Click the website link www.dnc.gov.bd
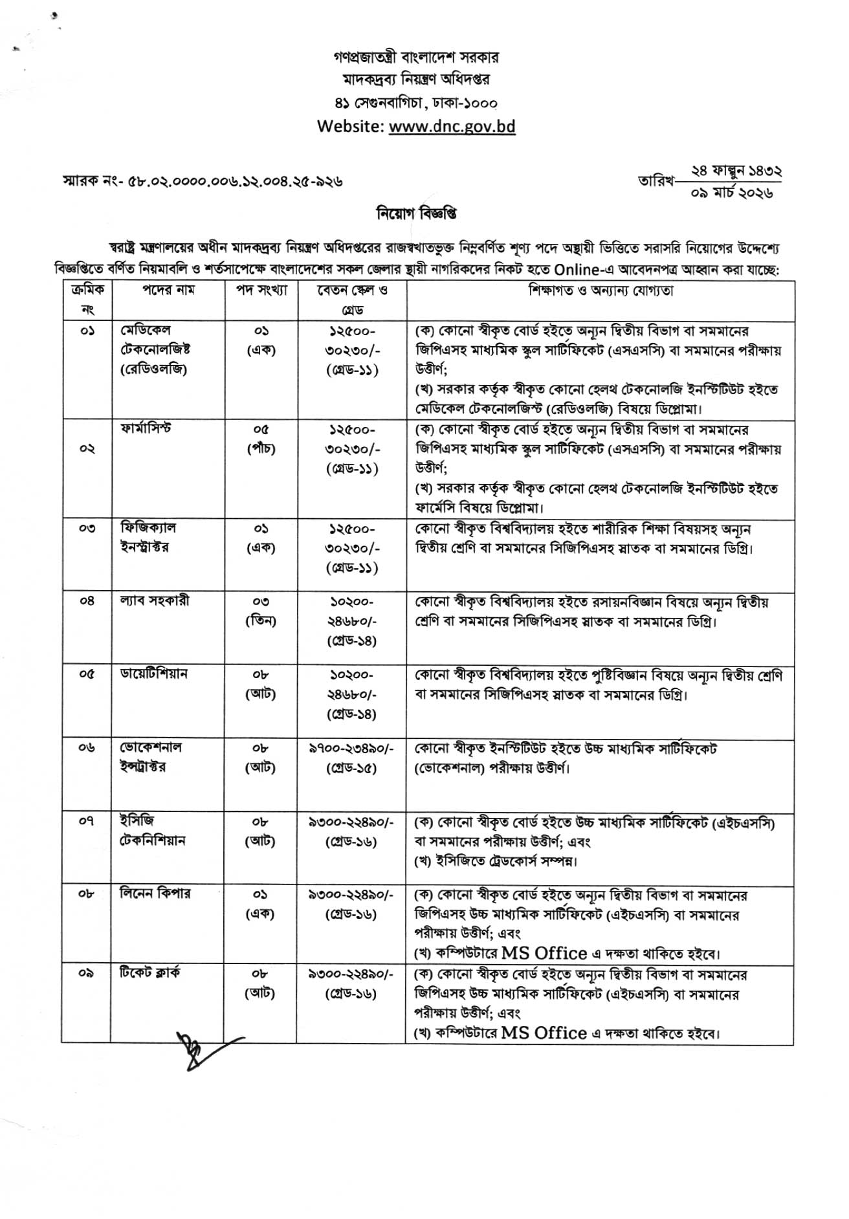coord(452,126)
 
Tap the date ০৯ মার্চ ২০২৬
coord(731,193)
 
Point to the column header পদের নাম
coord(169,291)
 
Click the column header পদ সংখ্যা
coord(261,291)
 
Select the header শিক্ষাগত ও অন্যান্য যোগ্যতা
coord(600,291)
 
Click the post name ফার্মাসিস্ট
coord(146,428)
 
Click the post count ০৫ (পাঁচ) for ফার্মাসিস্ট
coord(261,439)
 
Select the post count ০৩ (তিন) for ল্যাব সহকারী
coord(261,611)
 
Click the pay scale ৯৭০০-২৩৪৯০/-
coord(351,747)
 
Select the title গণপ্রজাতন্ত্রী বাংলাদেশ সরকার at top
coord(416,58)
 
